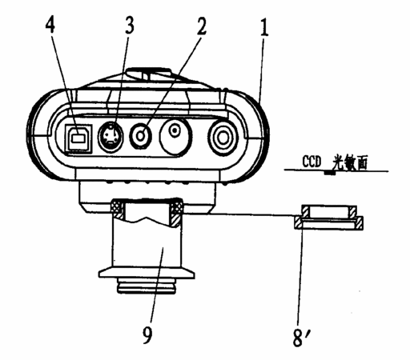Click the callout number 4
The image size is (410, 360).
(x=50, y=26)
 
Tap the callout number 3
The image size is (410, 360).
(x=129, y=26)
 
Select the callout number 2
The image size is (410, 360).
(x=202, y=26)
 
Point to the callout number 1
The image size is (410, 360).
(x=263, y=27)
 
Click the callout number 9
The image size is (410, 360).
(x=147, y=334)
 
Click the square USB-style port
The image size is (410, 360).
(x=78, y=138)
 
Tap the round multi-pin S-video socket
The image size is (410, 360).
(x=111, y=136)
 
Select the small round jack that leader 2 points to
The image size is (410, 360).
(x=141, y=136)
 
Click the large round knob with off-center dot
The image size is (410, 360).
(x=175, y=137)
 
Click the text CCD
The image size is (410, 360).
(x=312, y=161)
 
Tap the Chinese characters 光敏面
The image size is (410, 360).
(x=350, y=162)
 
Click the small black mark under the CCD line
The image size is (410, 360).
(x=330, y=173)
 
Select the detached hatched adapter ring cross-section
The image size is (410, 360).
(x=329, y=217)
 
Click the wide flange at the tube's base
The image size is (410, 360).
(x=147, y=274)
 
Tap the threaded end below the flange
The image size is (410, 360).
(x=147, y=286)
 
